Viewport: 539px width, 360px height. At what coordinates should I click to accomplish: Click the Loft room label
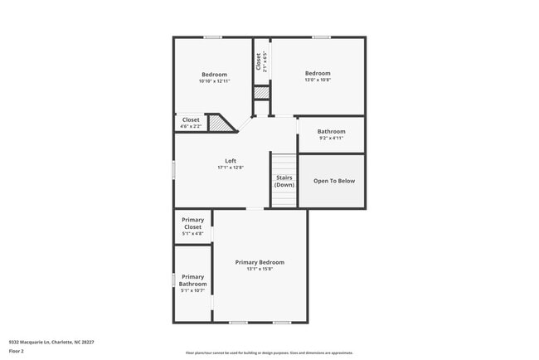click(231, 161)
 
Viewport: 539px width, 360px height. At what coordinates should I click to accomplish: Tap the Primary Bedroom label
click(260, 262)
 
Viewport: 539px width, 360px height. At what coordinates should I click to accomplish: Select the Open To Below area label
click(333, 181)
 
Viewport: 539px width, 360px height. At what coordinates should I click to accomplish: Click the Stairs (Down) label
click(284, 181)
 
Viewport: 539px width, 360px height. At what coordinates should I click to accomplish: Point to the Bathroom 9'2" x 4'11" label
click(331, 131)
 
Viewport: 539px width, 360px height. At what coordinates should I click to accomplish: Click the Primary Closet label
click(192, 223)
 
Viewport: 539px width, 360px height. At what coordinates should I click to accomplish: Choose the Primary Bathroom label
click(192, 280)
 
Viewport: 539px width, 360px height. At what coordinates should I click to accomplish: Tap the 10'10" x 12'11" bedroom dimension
click(214, 81)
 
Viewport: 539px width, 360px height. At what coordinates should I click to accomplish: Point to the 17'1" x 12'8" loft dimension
click(231, 168)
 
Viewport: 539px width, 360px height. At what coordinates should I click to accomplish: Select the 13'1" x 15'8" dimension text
click(260, 269)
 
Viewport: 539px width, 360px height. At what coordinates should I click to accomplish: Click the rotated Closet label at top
click(259, 61)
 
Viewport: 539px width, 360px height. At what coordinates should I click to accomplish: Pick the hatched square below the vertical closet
click(261, 93)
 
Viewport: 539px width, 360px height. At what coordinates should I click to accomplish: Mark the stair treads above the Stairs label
click(284, 163)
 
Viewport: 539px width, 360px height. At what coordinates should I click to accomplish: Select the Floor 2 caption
click(17, 351)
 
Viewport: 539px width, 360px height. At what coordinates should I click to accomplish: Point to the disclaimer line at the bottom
click(269, 353)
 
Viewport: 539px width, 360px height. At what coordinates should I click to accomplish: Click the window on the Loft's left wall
click(173, 168)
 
